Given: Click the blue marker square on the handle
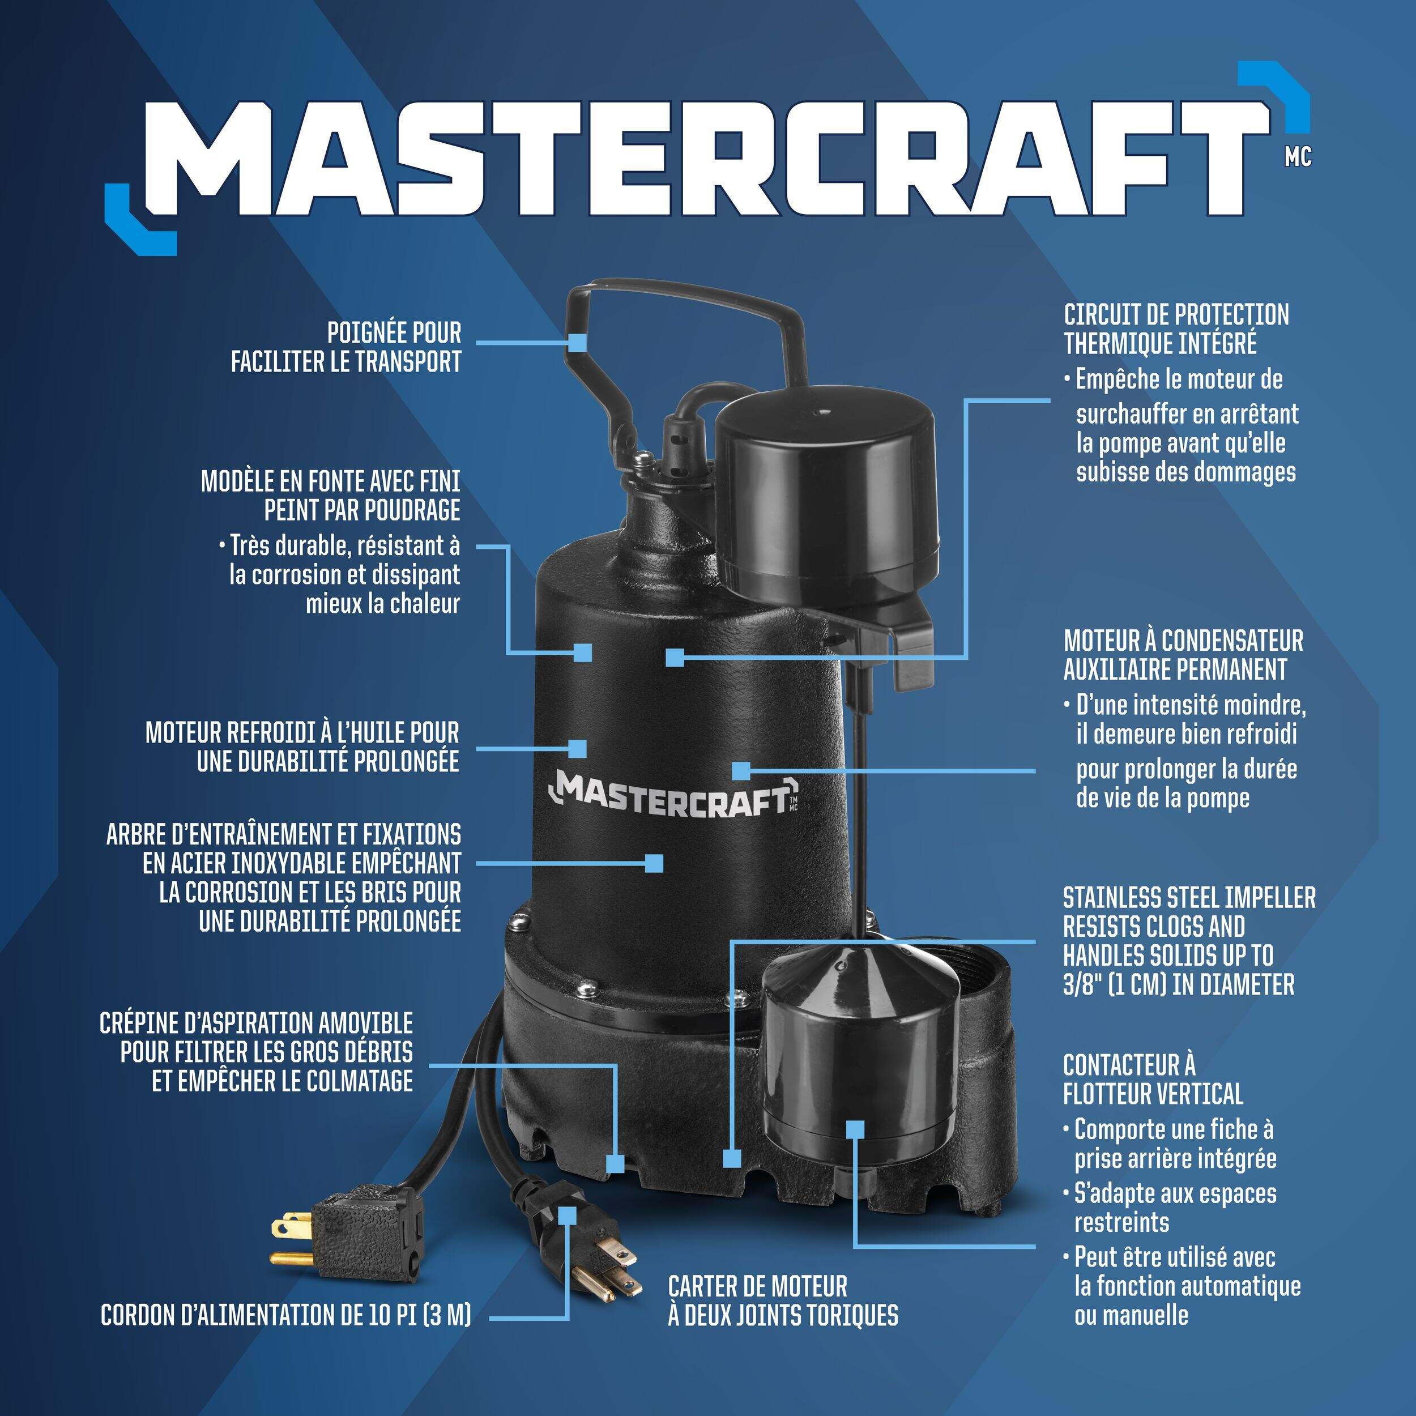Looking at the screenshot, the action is (x=579, y=341).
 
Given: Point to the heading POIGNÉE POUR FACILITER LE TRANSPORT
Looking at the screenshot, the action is (x=346, y=347).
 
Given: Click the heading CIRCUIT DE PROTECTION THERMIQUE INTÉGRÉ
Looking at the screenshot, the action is (x=1176, y=329).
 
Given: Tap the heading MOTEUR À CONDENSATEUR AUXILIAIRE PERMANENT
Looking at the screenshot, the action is (x=1184, y=655).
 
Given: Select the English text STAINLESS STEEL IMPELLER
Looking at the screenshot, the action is (x=1189, y=898).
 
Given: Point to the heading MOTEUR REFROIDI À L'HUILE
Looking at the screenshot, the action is (x=302, y=733).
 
